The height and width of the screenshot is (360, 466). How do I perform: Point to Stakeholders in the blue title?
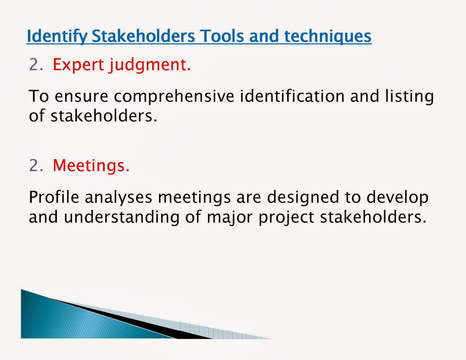[143, 36]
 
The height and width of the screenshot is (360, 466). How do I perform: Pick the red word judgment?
[150, 65]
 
